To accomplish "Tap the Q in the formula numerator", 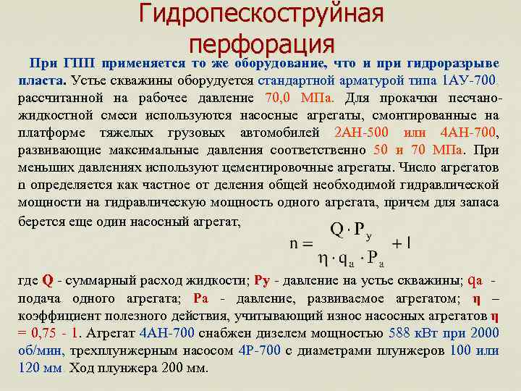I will [x=337, y=230].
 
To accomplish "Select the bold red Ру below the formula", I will [x=264, y=280].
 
